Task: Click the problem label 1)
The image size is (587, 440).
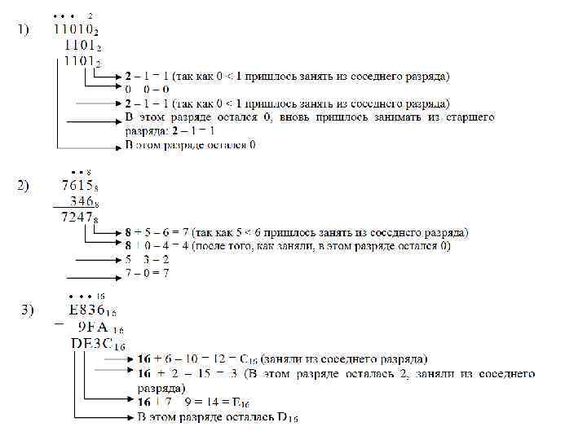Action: tap(24, 30)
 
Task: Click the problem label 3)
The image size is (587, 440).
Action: tap(28, 310)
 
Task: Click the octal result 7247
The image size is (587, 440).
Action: tap(79, 218)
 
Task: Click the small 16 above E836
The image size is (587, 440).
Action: tap(100, 296)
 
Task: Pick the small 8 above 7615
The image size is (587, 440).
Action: tap(87, 172)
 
